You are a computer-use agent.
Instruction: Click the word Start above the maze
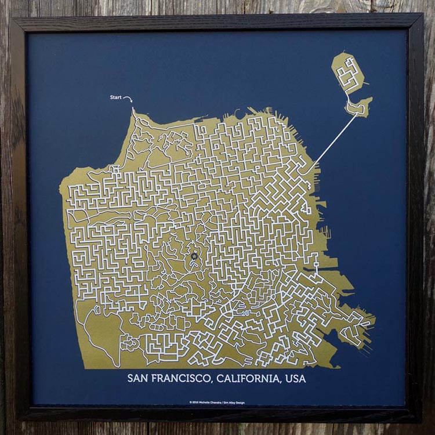coord(115,97)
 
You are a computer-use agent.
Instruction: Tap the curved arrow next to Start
coord(128,99)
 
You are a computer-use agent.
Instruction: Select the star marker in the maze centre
coord(194,256)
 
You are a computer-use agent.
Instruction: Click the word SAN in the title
coord(139,379)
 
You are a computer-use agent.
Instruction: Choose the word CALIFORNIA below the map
coord(250,379)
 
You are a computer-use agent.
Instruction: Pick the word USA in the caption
coord(295,379)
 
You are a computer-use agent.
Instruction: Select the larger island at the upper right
coord(347,74)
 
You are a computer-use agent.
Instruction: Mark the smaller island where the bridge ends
coord(360,107)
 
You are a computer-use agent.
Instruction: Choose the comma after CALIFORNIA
coord(280,383)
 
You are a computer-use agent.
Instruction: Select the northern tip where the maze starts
coord(133,110)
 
